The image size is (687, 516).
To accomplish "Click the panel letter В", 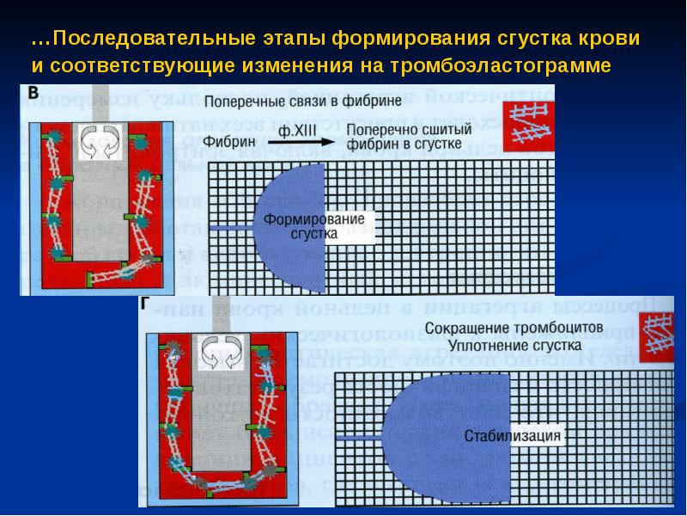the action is click(33, 92).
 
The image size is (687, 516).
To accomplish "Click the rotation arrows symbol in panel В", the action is click(95, 142).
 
